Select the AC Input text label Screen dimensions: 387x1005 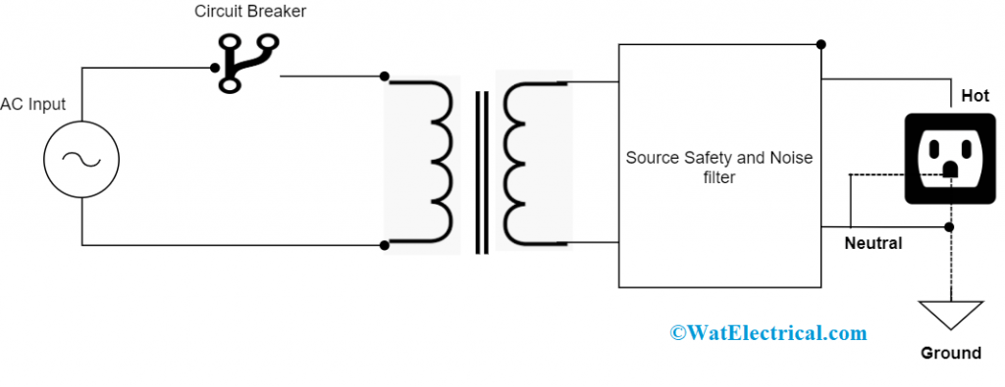click(33, 105)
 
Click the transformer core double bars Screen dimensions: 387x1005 click(481, 171)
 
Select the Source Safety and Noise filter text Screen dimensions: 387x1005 click(719, 167)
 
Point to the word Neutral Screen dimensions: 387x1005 click(873, 243)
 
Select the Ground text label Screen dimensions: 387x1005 click(950, 353)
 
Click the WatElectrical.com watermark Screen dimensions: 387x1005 click(768, 333)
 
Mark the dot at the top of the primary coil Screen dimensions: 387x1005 click(384, 76)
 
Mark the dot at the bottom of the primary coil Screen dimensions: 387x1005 click(384, 244)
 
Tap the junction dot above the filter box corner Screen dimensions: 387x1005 click(820, 44)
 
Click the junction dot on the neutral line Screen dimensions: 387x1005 click(950, 227)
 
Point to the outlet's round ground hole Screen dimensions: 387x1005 click(949, 169)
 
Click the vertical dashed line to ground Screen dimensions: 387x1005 click(950, 265)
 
